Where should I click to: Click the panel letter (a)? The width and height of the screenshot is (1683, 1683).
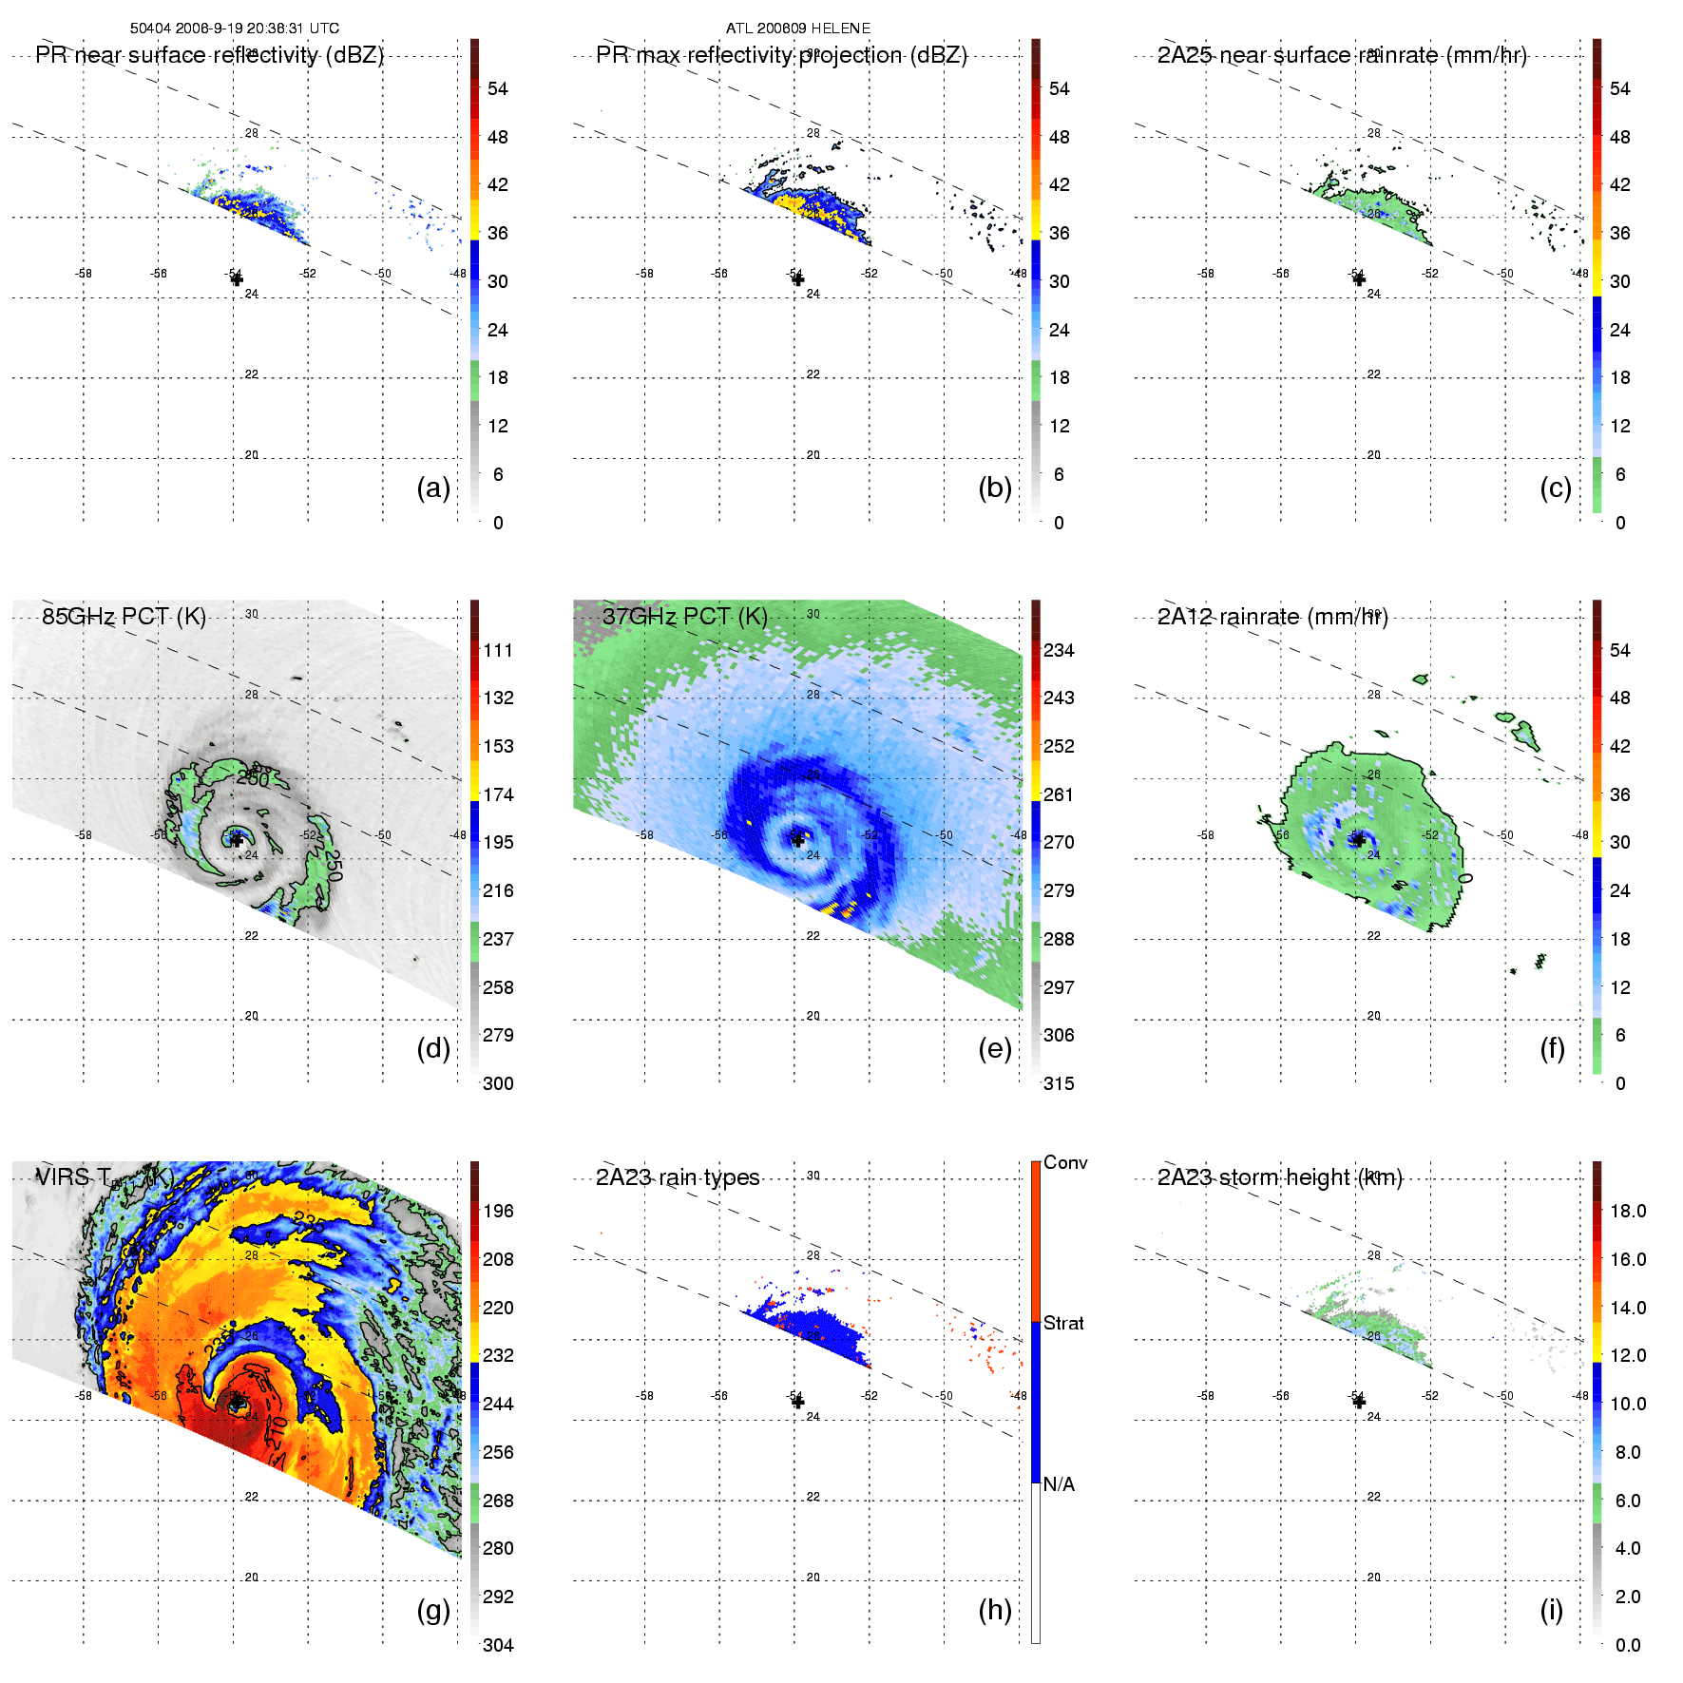(432, 488)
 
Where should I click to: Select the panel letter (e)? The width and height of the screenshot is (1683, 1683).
(994, 1048)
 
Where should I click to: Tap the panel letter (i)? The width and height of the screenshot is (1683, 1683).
(1551, 1610)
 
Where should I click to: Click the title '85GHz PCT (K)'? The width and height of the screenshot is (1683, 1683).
(124, 616)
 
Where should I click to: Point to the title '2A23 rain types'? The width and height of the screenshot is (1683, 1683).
(678, 1177)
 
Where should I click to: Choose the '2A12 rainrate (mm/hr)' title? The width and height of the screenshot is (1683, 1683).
(1272, 617)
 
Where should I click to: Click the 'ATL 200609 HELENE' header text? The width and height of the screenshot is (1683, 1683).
(798, 29)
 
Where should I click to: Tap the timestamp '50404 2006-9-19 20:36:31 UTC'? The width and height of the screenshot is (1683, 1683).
(235, 29)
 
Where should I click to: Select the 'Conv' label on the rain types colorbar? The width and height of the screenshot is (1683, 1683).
(1065, 1162)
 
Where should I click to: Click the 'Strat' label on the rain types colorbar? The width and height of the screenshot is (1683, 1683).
(1063, 1323)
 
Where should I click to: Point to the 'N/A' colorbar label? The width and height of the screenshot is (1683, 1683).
(1059, 1484)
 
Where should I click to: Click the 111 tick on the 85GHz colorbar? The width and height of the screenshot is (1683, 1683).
(498, 650)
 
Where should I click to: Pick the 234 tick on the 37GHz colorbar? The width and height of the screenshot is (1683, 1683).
(1059, 650)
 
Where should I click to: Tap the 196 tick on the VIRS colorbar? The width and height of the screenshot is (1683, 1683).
(498, 1211)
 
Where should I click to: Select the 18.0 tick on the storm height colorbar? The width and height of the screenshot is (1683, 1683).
(1628, 1211)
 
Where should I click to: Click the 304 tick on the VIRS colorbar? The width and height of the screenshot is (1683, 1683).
(498, 1645)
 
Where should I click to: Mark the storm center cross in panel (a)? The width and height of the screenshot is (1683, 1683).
(237, 278)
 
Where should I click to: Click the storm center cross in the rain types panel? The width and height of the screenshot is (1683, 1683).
(797, 1402)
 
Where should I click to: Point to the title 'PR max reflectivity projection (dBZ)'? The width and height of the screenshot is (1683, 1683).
(781, 55)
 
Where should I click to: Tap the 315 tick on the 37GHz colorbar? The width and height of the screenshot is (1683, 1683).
(1059, 1083)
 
